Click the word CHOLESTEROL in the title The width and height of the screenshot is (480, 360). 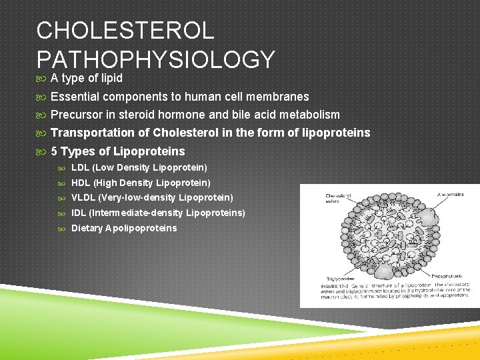[125, 31]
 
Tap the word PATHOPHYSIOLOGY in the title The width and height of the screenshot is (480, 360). [156, 60]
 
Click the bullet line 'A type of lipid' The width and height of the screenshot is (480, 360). [87, 79]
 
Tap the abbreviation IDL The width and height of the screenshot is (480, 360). [79, 213]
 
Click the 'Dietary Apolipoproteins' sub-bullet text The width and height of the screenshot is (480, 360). [124, 229]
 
